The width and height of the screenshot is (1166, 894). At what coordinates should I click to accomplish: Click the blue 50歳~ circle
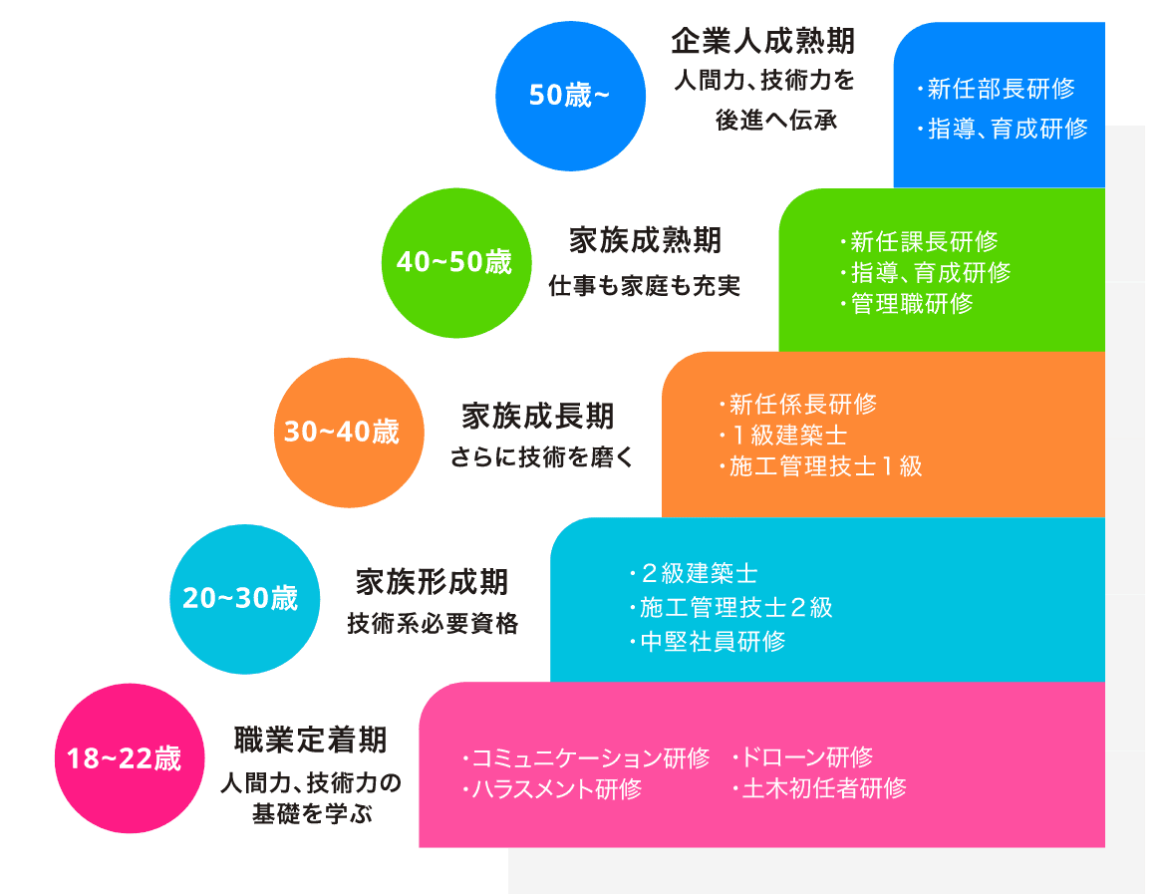[x=569, y=97]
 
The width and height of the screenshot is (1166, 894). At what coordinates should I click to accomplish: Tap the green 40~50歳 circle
[x=455, y=263]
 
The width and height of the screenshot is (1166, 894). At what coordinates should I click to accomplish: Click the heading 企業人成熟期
[x=762, y=42]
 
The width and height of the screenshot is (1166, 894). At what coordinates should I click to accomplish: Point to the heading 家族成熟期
[x=645, y=240]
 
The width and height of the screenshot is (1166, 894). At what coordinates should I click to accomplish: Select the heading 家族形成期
[x=432, y=581]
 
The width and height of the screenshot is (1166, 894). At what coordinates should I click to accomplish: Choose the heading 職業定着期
[x=310, y=740]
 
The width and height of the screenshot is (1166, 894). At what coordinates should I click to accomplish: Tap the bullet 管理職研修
[x=911, y=304]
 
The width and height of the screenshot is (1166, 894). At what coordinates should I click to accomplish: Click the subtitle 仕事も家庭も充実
[x=645, y=286]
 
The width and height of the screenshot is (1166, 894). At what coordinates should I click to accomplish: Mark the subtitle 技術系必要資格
[x=433, y=625]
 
